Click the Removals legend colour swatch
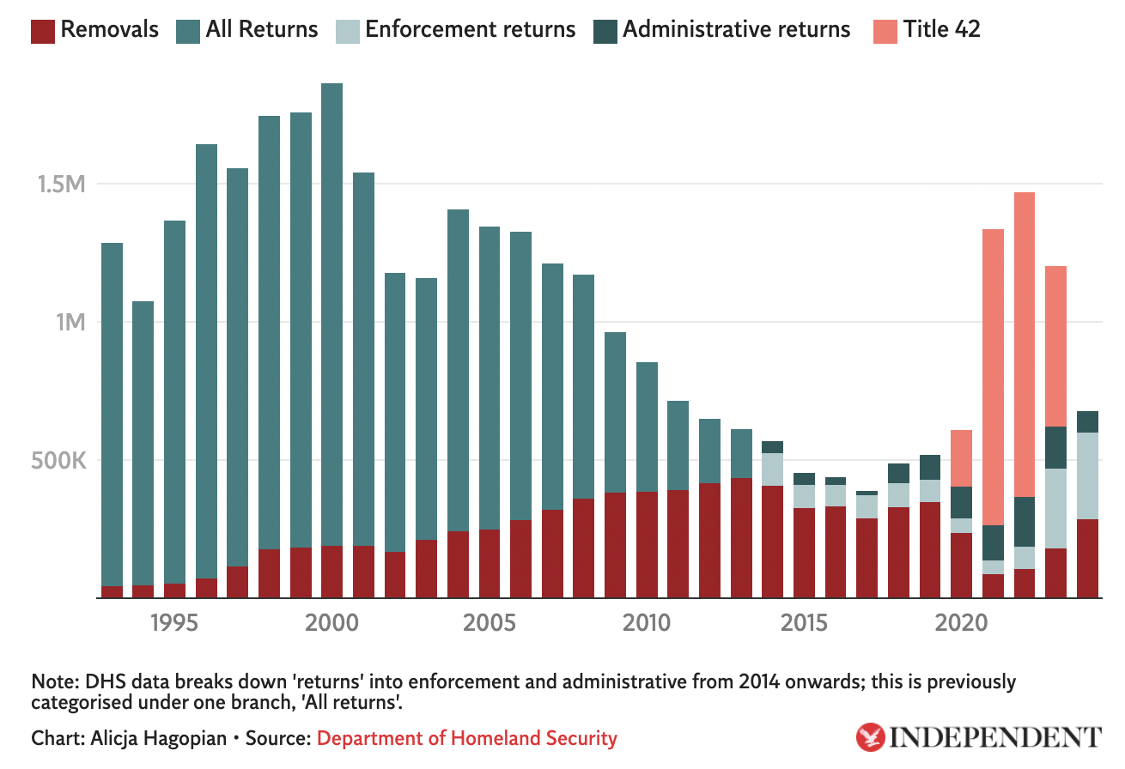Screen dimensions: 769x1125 tap(43, 30)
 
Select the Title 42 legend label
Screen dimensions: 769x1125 tap(941, 30)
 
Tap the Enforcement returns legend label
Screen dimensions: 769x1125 tap(470, 30)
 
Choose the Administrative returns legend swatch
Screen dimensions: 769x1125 tap(605, 30)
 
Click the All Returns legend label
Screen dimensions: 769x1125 tap(262, 30)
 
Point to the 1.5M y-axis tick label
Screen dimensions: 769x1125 tap(61, 185)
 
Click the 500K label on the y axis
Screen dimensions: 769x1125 tap(58, 461)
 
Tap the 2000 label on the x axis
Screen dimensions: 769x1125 tap(332, 623)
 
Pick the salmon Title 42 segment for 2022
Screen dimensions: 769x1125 tap(1024, 343)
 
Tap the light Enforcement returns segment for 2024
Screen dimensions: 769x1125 tap(1087, 475)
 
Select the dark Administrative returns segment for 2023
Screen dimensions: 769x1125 tap(1055, 447)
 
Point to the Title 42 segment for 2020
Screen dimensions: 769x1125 tap(961, 458)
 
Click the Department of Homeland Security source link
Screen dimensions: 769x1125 tap(467, 738)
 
